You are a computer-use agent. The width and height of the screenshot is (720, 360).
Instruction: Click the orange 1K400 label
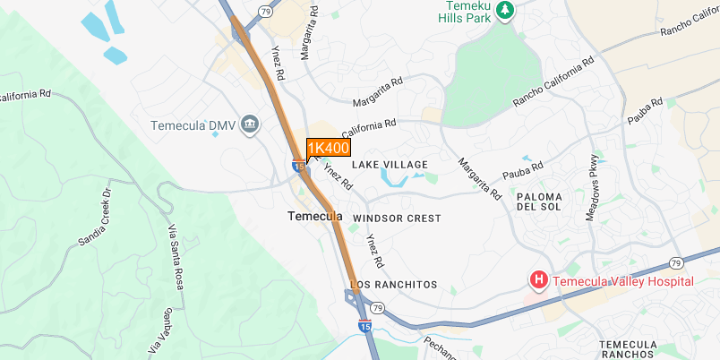pos(328,148)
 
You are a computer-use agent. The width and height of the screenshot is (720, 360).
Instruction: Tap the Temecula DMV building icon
pos(251,124)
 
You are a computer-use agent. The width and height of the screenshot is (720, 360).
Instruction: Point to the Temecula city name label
pos(314,217)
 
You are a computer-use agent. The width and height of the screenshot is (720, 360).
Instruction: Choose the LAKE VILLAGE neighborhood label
pos(390,165)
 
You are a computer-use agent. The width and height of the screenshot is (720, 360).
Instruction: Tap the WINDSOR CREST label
pos(397,219)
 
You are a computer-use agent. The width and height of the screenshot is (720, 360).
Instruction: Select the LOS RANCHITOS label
pos(393,285)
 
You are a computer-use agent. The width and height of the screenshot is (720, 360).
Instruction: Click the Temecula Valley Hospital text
pos(623,281)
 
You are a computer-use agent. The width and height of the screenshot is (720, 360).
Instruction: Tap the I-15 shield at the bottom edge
pos(365,327)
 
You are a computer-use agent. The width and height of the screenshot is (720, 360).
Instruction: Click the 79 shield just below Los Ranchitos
pos(377,308)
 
